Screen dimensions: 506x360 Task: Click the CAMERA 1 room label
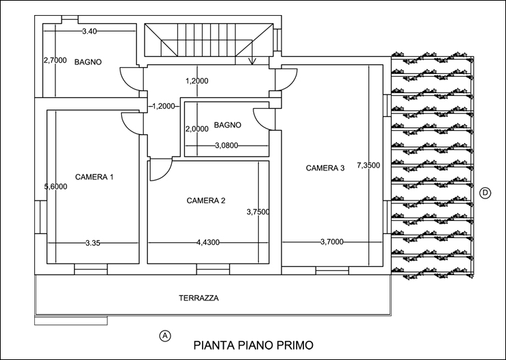tap(94, 177)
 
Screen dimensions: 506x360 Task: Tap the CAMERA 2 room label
tap(206, 201)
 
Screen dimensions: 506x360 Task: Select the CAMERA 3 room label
tap(325, 168)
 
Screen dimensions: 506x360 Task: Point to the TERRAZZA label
tap(199, 298)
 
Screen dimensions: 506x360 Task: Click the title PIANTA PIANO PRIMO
tap(253, 345)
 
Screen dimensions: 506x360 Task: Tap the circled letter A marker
tap(165, 336)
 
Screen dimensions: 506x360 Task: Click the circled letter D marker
tap(485, 193)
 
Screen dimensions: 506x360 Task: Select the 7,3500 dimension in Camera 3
tap(368, 166)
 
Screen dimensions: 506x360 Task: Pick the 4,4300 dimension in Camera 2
tap(208, 242)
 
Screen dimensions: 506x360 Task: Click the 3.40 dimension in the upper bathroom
tap(90, 31)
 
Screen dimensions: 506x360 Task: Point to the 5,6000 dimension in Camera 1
tap(55, 186)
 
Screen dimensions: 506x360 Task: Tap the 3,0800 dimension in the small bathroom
tap(227, 146)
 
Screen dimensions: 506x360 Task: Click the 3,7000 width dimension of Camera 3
tap(331, 242)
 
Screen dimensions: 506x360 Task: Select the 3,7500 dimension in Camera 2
tap(258, 212)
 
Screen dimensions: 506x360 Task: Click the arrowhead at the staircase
tap(253, 62)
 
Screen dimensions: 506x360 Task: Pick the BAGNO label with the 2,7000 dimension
tap(88, 62)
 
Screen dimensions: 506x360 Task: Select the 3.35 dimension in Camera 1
tap(93, 243)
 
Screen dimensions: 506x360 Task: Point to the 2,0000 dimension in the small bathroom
tap(197, 129)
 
